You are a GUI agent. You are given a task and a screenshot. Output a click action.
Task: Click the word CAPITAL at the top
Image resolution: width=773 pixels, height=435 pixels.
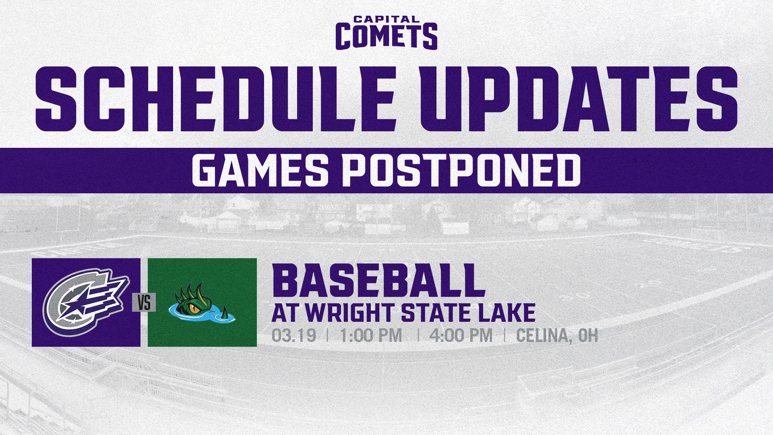pos(386,19)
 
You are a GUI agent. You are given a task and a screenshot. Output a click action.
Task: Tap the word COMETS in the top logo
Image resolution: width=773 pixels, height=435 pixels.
pos(386,36)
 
